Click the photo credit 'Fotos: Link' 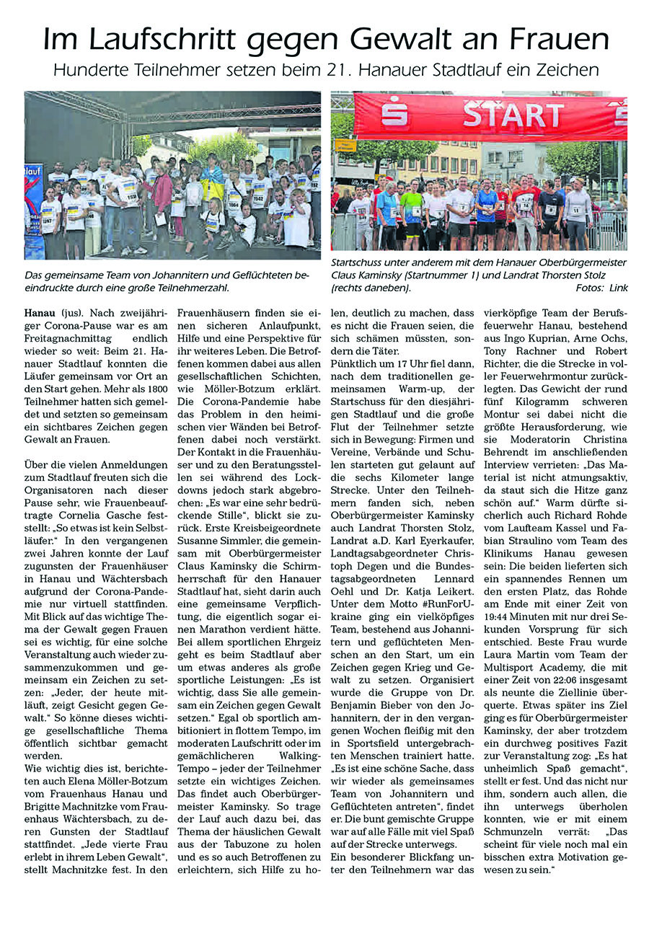pyautogui.click(x=601, y=288)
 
